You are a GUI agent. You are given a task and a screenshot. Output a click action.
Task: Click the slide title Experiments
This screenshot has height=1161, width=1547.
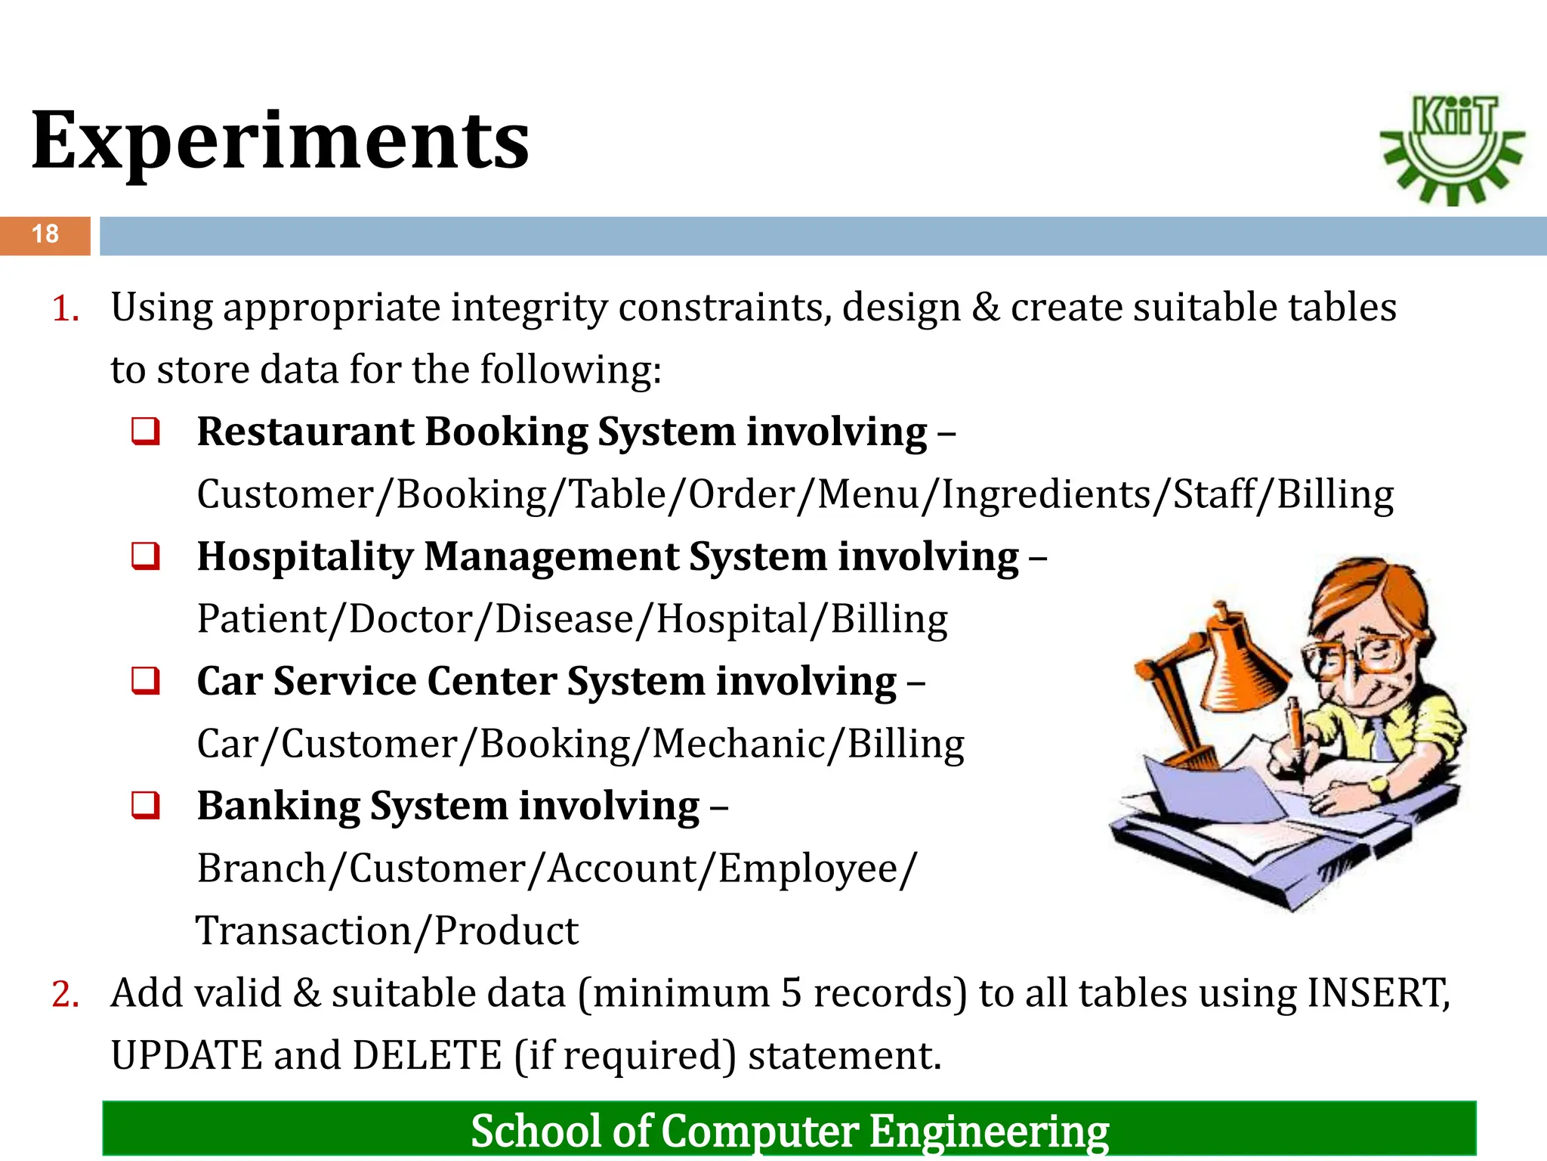pyautogui.click(x=280, y=141)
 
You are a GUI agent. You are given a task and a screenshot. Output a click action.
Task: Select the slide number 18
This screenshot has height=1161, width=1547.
pyautogui.click(x=45, y=234)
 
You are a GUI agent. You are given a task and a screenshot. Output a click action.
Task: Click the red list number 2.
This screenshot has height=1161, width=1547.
pyautogui.click(x=65, y=995)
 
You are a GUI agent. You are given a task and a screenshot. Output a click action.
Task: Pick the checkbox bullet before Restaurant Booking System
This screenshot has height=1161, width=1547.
pyautogui.click(x=146, y=432)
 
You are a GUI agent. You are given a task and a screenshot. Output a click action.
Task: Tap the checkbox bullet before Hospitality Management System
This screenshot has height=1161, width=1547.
pyautogui.click(x=146, y=556)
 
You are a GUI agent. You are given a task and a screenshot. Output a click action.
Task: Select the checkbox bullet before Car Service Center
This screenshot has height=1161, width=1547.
pyautogui.click(x=146, y=681)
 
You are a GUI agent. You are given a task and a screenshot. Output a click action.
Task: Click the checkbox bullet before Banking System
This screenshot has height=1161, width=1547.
pyautogui.click(x=146, y=806)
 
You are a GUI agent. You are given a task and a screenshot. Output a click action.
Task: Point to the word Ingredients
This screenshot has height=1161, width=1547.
pyautogui.click(x=1045, y=495)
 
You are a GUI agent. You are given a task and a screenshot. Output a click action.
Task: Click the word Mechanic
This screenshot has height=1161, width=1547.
pyautogui.click(x=739, y=745)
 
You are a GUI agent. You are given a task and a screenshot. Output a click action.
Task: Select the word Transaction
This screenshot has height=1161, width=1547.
pyautogui.click(x=303, y=931)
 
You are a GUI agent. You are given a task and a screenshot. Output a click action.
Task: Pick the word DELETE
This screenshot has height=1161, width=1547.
pyautogui.click(x=427, y=1056)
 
